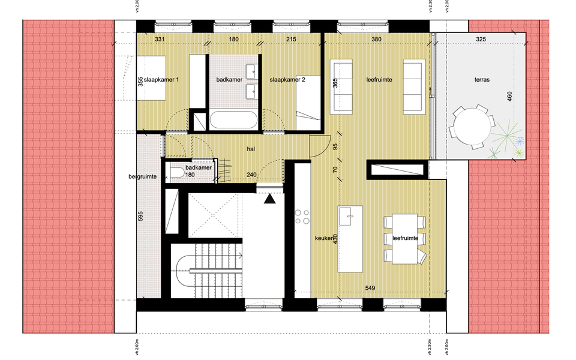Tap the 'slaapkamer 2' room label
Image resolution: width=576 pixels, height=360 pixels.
point(287,80)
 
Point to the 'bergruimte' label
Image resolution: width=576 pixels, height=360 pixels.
point(142,177)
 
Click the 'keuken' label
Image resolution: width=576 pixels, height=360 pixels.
point(324,238)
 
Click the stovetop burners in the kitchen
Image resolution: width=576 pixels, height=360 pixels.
point(301,217)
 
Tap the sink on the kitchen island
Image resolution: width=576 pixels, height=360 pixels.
point(348,212)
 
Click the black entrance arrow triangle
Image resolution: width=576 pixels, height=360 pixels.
point(270,199)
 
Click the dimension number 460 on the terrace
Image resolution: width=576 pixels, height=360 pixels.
point(509,97)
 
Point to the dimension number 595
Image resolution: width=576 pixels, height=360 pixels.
point(140,217)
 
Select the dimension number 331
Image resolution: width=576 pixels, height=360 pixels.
point(160,39)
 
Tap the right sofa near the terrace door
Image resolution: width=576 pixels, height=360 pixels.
point(413,86)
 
